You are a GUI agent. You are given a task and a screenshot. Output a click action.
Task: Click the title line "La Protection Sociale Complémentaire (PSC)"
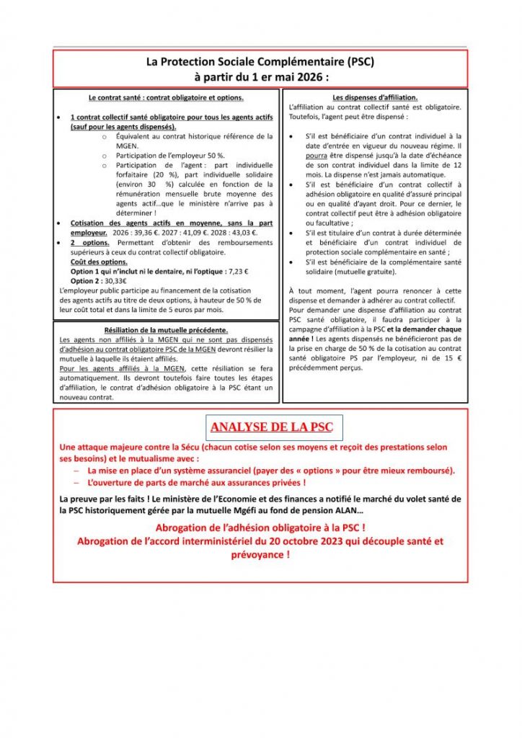click(x=260, y=62)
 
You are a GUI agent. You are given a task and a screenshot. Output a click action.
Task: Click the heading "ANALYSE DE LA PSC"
click(x=271, y=427)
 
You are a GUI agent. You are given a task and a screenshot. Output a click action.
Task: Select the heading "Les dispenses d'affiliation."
click(x=375, y=97)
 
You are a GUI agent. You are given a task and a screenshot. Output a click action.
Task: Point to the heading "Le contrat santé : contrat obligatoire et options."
click(x=166, y=97)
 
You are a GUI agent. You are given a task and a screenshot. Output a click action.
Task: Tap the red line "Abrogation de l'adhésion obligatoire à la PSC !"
click(x=260, y=528)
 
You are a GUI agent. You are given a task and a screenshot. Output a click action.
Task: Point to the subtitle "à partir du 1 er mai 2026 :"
click(x=260, y=76)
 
